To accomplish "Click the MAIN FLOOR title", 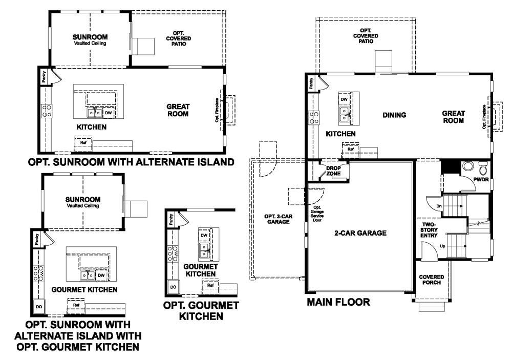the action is point(338,302).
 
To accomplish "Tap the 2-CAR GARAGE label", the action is point(360,233).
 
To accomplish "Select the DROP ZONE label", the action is point(333,171).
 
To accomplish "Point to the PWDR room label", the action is point(481,179).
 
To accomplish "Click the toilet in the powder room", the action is point(482,169).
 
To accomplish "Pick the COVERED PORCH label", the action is point(431,280).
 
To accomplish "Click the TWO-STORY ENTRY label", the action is point(429,230).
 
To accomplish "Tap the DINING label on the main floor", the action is point(394,115).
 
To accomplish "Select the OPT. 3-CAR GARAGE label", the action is point(278,219).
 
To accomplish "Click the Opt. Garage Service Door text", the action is point(317,214).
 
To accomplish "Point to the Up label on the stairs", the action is point(442,246).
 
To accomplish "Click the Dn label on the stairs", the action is point(439,206).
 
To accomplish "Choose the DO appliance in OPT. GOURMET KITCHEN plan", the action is point(173,287).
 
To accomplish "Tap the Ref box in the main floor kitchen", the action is point(350,150).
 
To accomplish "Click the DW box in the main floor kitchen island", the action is point(344,99).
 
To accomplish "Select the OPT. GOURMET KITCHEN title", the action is point(201,311).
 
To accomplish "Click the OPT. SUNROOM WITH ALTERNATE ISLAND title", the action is point(131,162).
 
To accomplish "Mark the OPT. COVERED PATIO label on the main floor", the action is point(366,36).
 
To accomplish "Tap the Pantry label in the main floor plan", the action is point(311,83).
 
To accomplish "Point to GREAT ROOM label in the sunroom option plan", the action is point(178,110).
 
